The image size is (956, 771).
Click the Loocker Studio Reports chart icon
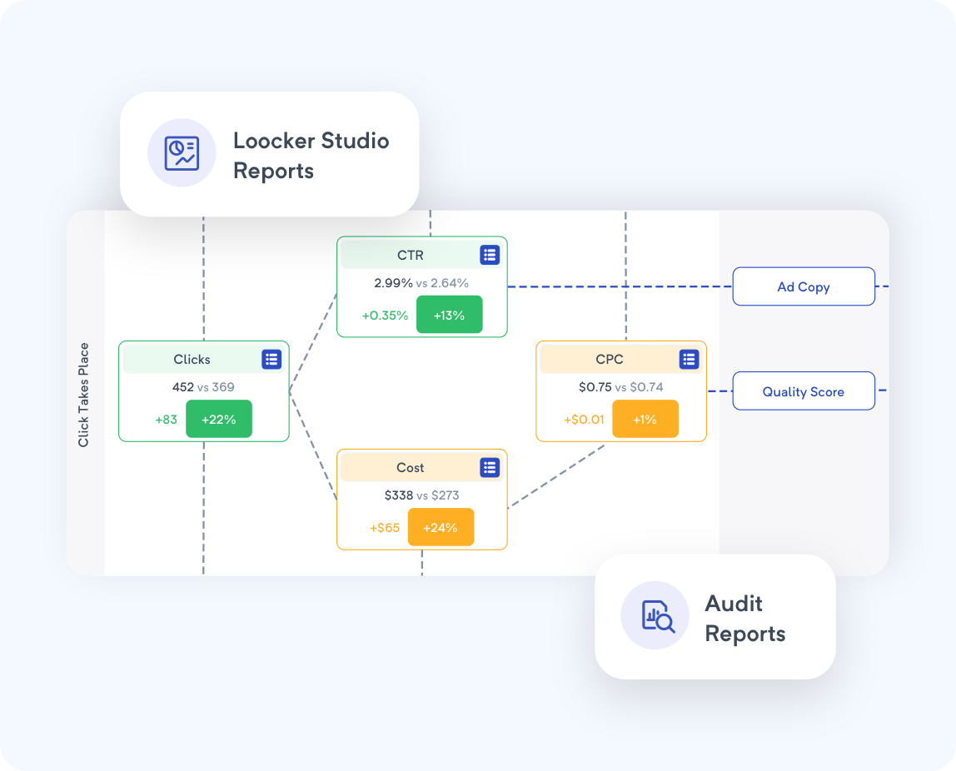pyautogui.click(x=182, y=153)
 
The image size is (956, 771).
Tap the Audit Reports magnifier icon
pyautogui.click(x=655, y=615)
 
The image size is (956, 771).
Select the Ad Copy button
pyautogui.click(x=804, y=286)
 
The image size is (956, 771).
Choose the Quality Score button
pyautogui.click(x=804, y=391)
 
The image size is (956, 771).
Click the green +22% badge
pyautogui.click(x=219, y=420)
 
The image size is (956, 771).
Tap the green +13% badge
pyautogui.click(x=449, y=315)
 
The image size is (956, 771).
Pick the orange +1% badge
pyautogui.click(x=645, y=420)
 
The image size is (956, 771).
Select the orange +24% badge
pyautogui.click(x=441, y=527)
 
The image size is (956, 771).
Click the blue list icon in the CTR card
pyautogui.click(x=490, y=255)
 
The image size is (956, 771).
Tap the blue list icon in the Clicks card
pyautogui.click(x=271, y=360)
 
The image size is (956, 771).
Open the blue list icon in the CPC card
pyautogui.click(x=689, y=360)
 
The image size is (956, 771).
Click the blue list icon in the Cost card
pyautogui.click(x=490, y=468)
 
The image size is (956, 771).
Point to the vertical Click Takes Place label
pyautogui.click(x=84, y=395)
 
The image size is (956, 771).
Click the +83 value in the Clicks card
pyautogui.click(x=167, y=420)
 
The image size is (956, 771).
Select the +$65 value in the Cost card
pyautogui.click(x=385, y=528)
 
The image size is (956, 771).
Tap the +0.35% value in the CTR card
pyautogui.click(x=385, y=316)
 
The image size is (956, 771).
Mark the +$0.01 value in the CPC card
pyautogui.click(x=583, y=420)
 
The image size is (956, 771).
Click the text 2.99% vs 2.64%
pyautogui.click(x=421, y=283)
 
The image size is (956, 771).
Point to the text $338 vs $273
pyautogui.click(x=421, y=495)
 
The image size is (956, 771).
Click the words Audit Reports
pyautogui.click(x=744, y=618)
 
